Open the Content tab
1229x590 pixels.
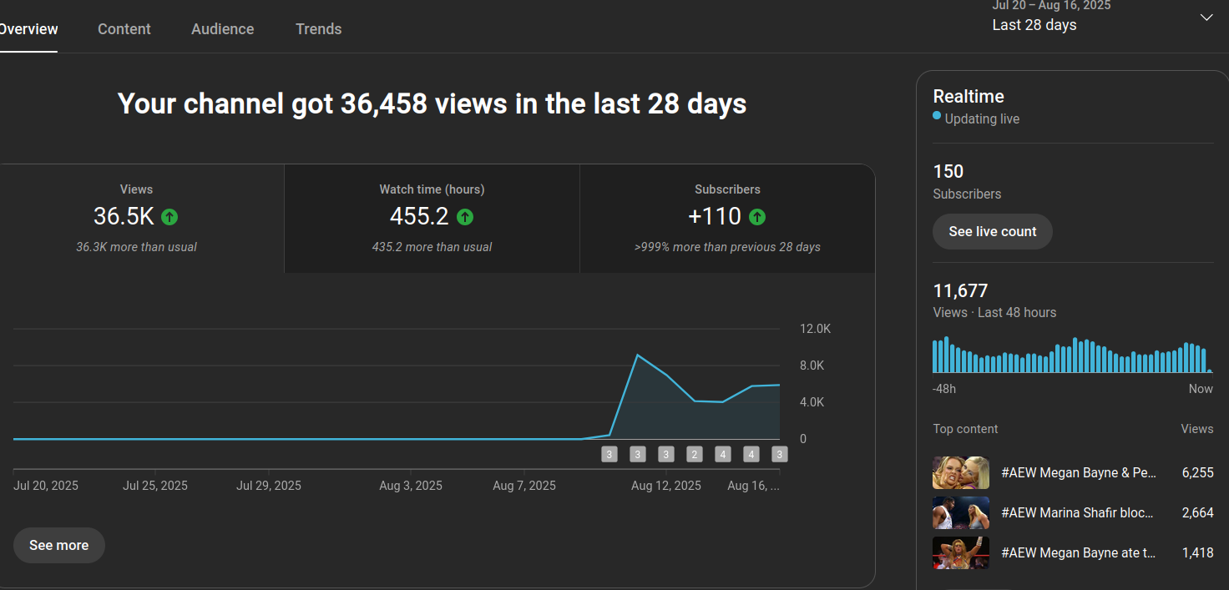(x=124, y=29)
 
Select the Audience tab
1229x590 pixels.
(x=222, y=29)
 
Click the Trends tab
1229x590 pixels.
(x=318, y=29)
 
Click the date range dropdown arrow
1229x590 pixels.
(x=1206, y=18)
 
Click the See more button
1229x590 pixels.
(x=58, y=545)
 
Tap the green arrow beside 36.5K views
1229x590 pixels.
(x=169, y=217)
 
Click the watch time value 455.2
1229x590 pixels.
(x=419, y=216)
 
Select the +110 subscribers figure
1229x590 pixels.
(x=715, y=216)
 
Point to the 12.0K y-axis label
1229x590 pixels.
(x=815, y=329)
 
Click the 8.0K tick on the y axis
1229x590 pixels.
(x=812, y=366)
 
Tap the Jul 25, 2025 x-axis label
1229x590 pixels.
(x=155, y=486)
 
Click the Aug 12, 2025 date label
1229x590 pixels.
(x=666, y=486)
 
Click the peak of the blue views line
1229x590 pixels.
(x=638, y=356)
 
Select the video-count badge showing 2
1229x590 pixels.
(x=694, y=455)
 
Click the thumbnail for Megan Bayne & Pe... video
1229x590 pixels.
(x=961, y=472)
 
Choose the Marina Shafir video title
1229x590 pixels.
(x=1076, y=512)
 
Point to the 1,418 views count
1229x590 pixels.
(x=1197, y=552)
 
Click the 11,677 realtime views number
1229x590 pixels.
(x=960, y=291)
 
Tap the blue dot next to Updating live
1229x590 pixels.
(x=937, y=116)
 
